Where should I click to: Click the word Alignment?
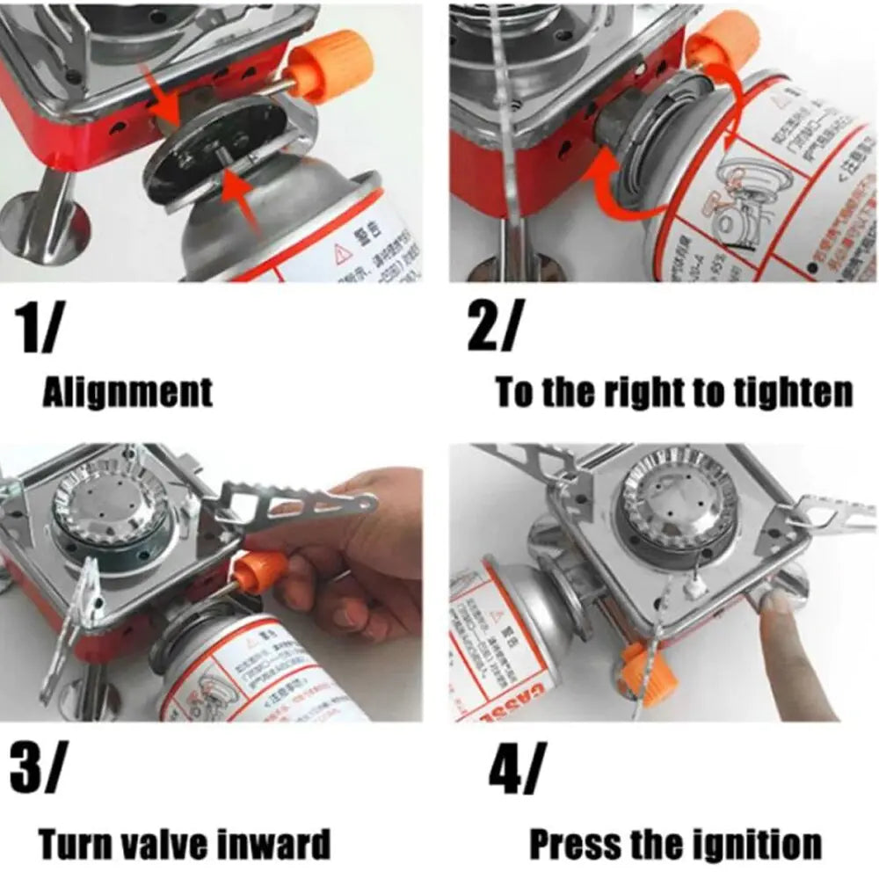(127, 392)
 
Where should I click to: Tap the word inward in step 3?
(278, 845)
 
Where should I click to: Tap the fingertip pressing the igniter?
(774, 607)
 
